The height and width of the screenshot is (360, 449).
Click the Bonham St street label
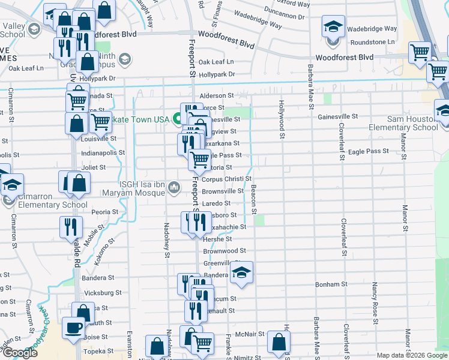[x=332, y=284]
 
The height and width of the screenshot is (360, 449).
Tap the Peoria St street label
[x=104, y=212]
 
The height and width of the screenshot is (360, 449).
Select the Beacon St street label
[x=254, y=199]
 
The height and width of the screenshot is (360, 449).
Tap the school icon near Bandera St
[x=241, y=273]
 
